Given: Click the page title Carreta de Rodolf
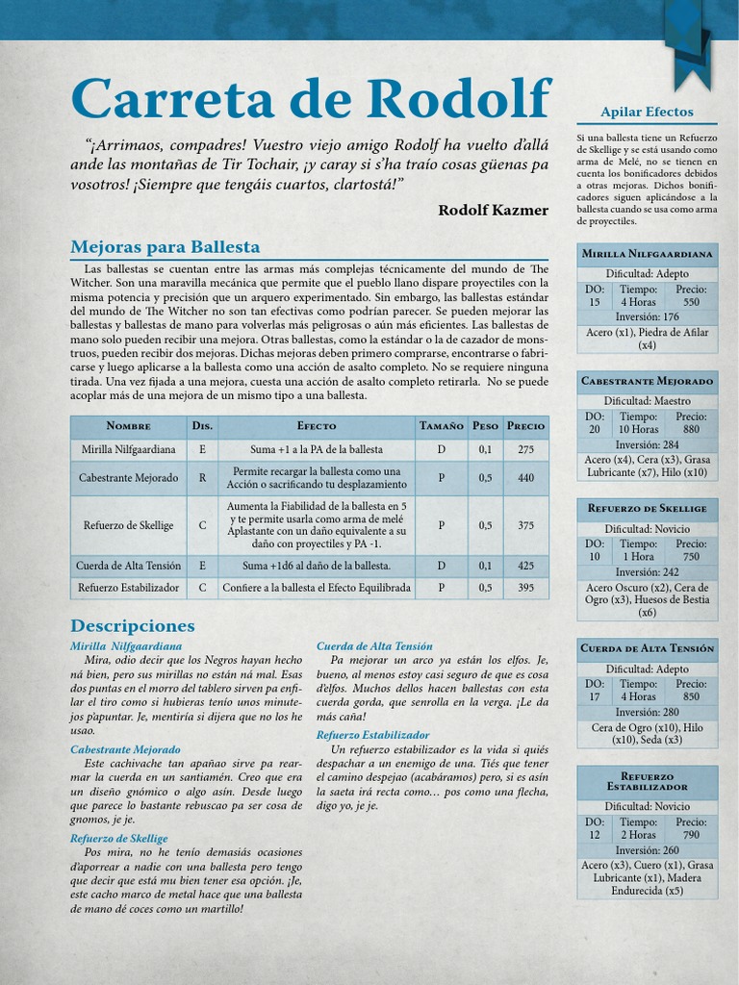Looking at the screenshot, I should [310, 100].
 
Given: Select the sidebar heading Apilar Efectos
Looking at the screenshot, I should [647, 113].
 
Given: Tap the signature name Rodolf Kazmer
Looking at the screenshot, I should [493, 210].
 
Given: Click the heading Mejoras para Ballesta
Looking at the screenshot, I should [166, 247].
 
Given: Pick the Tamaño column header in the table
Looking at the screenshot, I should [442, 425].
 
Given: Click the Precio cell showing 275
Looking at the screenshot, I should [525, 449].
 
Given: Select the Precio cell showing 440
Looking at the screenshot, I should [525, 477].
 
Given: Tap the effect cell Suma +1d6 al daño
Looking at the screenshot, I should [317, 566].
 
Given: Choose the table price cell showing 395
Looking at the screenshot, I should [525, 587].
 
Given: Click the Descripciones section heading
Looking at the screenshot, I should [133, 626].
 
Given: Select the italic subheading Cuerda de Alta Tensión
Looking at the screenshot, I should [374, 646].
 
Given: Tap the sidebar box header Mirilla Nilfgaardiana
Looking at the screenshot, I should [647, 254].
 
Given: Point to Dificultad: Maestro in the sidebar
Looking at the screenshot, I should [647, 399].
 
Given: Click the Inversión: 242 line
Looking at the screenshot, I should [647, 571].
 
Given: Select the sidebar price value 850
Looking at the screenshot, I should [691, 696].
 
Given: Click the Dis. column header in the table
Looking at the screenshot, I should [202, 425].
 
